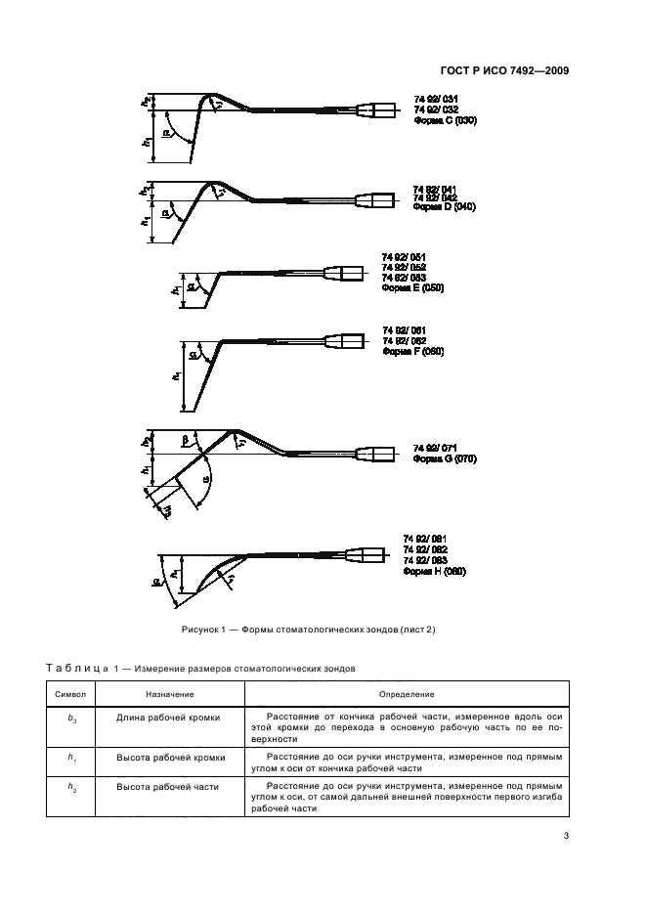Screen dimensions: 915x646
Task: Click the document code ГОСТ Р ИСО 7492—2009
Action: coord(509,70)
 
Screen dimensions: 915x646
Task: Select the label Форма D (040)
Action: coord(444,207)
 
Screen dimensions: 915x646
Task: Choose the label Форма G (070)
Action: coord(444,457)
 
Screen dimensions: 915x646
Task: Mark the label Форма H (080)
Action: coord(435,571)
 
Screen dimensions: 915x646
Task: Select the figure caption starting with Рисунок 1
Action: coord(308,629)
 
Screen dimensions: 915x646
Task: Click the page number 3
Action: coord(566,836)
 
